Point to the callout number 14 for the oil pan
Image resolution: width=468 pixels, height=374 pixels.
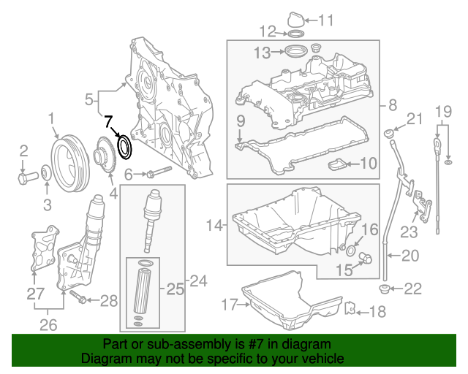(x=213, y=226)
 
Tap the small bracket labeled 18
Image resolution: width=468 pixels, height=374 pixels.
(x=350, y=310)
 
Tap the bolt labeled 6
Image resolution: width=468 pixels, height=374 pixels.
(x=156, y=173)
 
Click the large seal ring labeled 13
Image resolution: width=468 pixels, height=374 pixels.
(x=295, y=52)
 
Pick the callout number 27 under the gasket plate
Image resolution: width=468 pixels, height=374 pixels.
(x=34, y=294)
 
